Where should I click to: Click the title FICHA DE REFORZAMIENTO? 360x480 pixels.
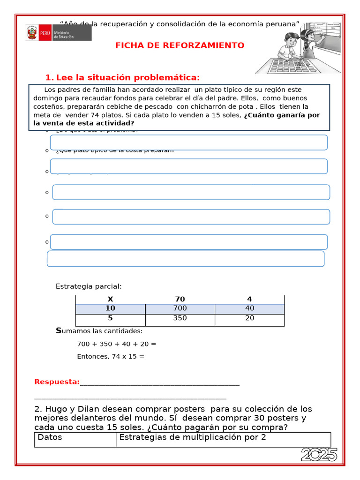[180, 45]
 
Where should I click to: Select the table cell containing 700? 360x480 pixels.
[180, 308]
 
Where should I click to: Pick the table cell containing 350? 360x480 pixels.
[180, 318]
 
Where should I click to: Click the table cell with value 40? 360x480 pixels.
[249, 308]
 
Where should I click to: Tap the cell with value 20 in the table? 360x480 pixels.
[249, 318]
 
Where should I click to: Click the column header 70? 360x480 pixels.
[180, 299]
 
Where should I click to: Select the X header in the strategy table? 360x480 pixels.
[110, 299]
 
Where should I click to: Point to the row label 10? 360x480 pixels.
[110, 308]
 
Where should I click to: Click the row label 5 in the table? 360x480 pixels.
[110, 318]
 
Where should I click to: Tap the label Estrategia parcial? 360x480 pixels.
[89, 286]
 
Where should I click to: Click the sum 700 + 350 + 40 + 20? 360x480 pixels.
[116, 344]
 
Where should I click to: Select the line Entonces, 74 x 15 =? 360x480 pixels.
[111, 356]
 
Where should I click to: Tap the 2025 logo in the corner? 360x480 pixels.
[319, 454]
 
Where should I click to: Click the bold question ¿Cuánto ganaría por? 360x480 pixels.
[282, 115]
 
